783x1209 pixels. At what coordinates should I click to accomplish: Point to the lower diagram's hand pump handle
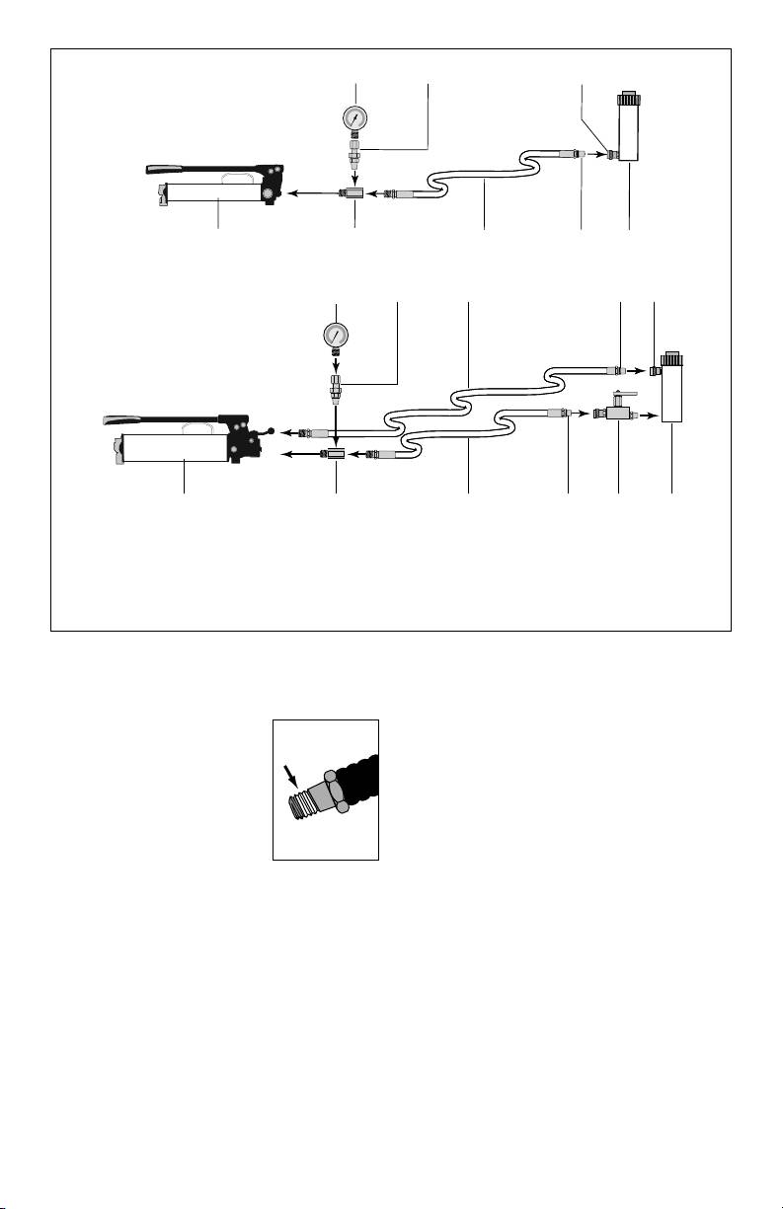pos(158,419)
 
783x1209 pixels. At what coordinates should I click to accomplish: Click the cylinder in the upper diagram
pos(626,138)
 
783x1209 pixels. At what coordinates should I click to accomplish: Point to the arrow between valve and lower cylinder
pos(648,417)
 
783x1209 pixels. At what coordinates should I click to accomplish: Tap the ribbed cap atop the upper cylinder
pos(626,100)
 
